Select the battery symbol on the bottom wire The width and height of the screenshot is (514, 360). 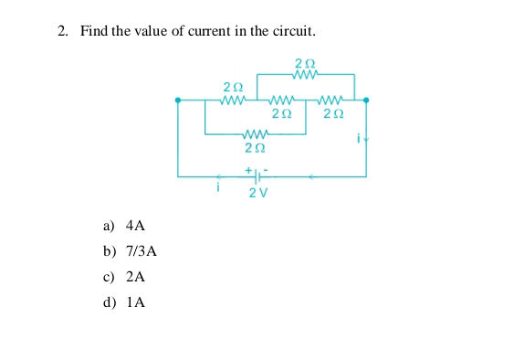(256, 175)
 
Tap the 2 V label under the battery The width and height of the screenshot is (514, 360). (257, 193)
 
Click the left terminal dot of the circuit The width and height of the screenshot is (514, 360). (178, 100)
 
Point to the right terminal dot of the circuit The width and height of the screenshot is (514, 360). (366, 100)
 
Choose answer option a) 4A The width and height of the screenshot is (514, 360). (124, 225)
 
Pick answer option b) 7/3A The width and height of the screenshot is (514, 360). (130, 250)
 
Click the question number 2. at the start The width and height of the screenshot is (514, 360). (63, 31)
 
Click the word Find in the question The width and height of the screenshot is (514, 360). (94, 31)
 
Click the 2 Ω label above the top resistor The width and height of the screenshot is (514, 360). (306, 63)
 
